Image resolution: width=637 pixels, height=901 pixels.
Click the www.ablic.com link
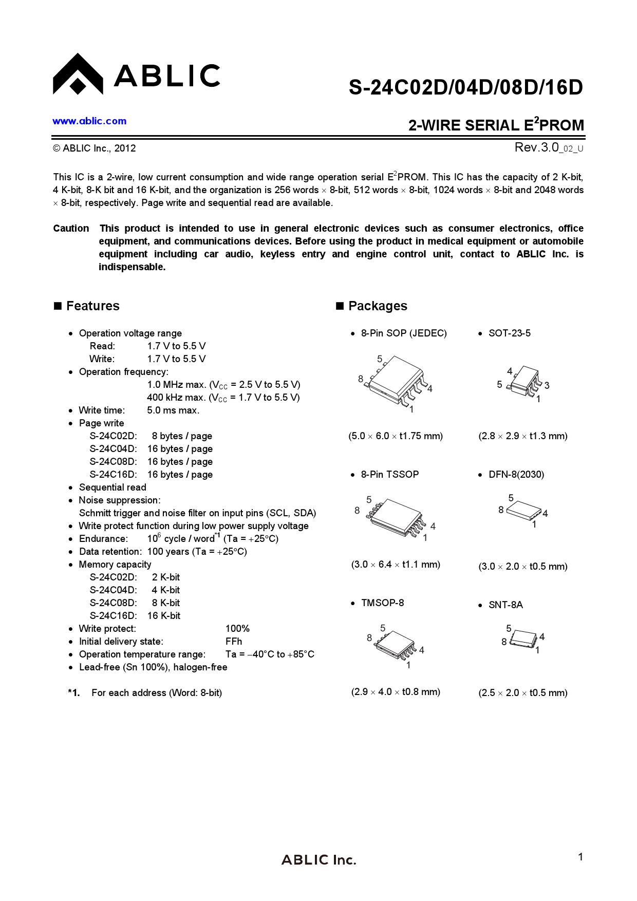pyautogui.click(x=89, y=121)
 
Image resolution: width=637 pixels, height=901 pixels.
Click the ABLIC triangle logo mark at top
pyautogui.click(x=78, y=76)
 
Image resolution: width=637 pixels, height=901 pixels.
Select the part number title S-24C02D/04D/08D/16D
pyautogui.click(x=465, y=88)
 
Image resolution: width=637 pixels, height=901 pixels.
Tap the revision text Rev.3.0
pyautogui.click(x=536, y=147)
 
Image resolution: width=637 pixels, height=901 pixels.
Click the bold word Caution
pyautogui.click(x=71, y=229)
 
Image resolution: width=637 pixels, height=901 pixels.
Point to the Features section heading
pyautogui.click(x=92, y=306)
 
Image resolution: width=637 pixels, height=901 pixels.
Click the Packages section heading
pyautogui.click(x=377, y=306)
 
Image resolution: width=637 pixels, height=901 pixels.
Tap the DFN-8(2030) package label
pyautogui.click(x=516, y=475)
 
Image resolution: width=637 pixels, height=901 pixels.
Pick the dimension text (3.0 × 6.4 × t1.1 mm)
pyautogui.click(x=396, y=565)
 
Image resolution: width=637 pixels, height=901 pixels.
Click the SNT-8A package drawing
pyautogui.click(x=524, y=638)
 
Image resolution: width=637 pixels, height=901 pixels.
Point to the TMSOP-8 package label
pyautogui.click(x=382, y=603)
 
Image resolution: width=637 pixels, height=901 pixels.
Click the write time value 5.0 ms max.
pyautogui.click(x=173, y=410)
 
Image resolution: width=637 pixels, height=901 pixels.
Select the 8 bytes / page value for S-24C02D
pyautogui.click(x=182, y=436)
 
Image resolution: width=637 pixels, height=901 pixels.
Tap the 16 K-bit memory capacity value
pyautogui.click(x=164, y=616)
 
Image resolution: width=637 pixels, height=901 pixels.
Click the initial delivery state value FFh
pyautogui.click(x=234, y=642)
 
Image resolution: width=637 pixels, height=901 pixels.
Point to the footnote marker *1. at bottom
pyautogui.click(x=74, y=693)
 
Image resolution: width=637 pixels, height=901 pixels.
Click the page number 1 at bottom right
pyautogui.click(x=580, y=857)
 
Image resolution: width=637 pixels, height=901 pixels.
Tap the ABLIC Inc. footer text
pyautogui.click(x=318, y=860)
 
